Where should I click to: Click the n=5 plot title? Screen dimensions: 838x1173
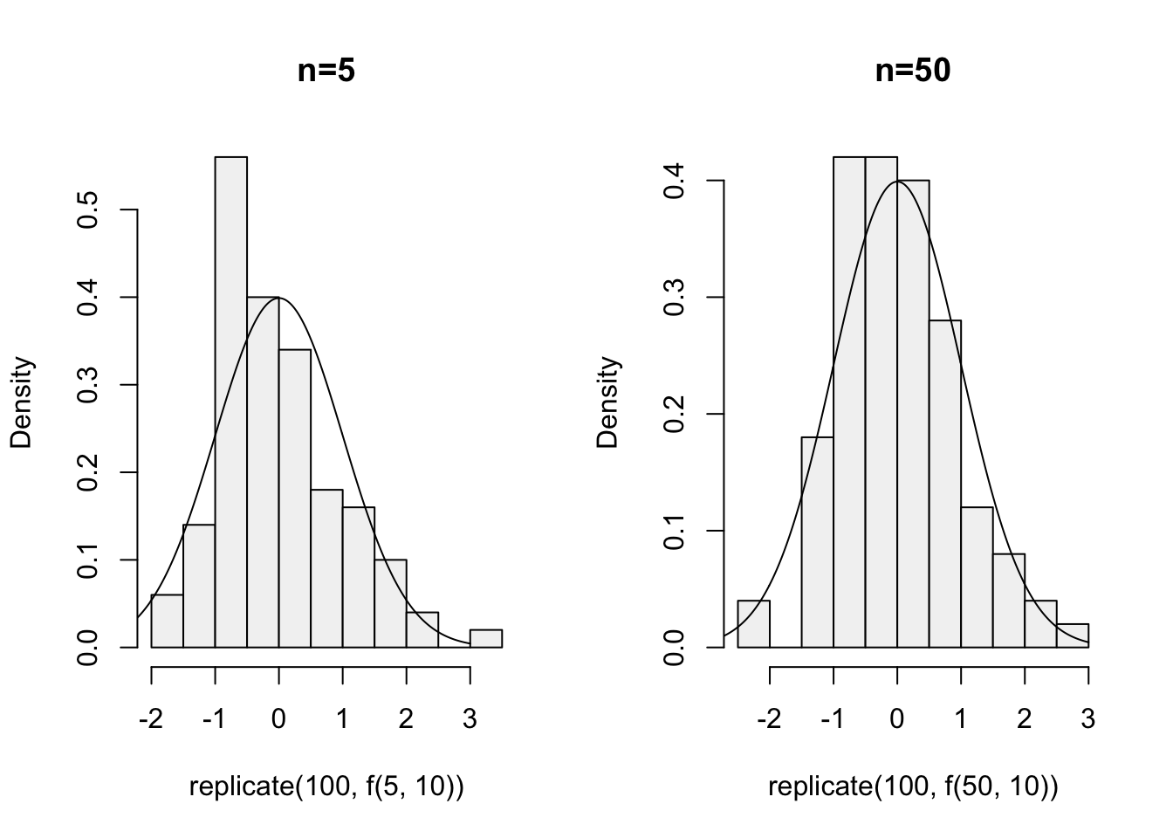(326, 71)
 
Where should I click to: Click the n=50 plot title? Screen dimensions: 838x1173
(912, 71)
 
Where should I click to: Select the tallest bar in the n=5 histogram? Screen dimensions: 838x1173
(231, 402)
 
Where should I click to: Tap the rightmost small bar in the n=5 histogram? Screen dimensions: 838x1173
(486, 638)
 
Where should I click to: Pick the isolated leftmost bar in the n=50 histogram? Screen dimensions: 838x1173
(753, 624)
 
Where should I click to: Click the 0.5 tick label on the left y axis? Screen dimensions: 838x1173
(88, 209)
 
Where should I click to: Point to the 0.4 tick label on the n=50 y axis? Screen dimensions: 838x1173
(674, 181)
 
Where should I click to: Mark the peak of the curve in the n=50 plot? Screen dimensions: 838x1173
(897, 182)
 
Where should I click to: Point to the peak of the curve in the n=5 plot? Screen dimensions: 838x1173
(278, 298)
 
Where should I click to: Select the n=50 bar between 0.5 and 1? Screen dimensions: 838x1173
(944, 484)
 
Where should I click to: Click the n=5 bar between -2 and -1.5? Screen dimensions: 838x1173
(168, 622)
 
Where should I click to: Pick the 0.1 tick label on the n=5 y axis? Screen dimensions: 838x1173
(88, 560)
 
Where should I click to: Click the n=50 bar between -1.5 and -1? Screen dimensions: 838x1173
(817, 541)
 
